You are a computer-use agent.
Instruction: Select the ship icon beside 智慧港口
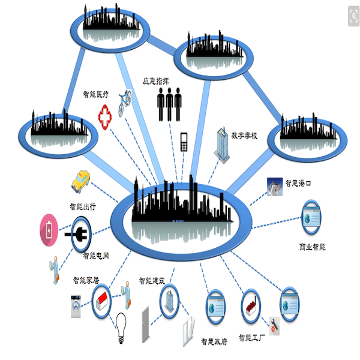pyautogui.click(x=273, y=186)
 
